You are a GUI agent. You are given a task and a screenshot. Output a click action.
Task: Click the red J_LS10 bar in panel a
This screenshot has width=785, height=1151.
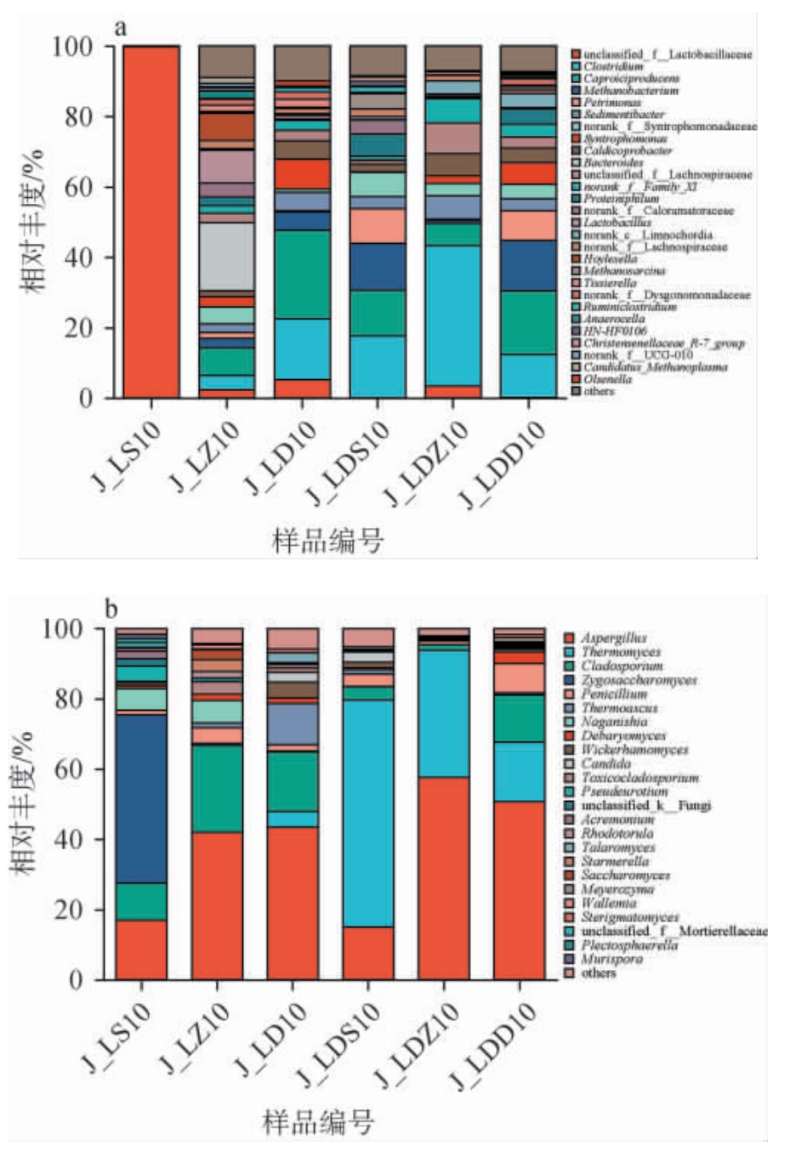[151, 221]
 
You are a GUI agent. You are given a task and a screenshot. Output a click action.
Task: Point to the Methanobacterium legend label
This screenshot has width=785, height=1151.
[630, 90]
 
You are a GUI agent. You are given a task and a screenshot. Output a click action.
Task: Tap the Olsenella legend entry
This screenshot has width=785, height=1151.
[607, 379]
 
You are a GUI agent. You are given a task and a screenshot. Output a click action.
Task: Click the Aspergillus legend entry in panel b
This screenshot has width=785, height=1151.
[614, 638]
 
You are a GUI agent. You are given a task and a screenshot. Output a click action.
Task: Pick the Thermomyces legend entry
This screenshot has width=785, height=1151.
[621, 652]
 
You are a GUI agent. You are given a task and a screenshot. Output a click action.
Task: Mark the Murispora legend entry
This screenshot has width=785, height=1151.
[612, 959]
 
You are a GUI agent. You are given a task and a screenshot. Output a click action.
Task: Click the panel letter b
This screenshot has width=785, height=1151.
[111, 609]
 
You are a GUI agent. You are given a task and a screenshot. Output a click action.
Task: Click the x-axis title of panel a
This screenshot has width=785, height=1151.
[327, 541]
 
